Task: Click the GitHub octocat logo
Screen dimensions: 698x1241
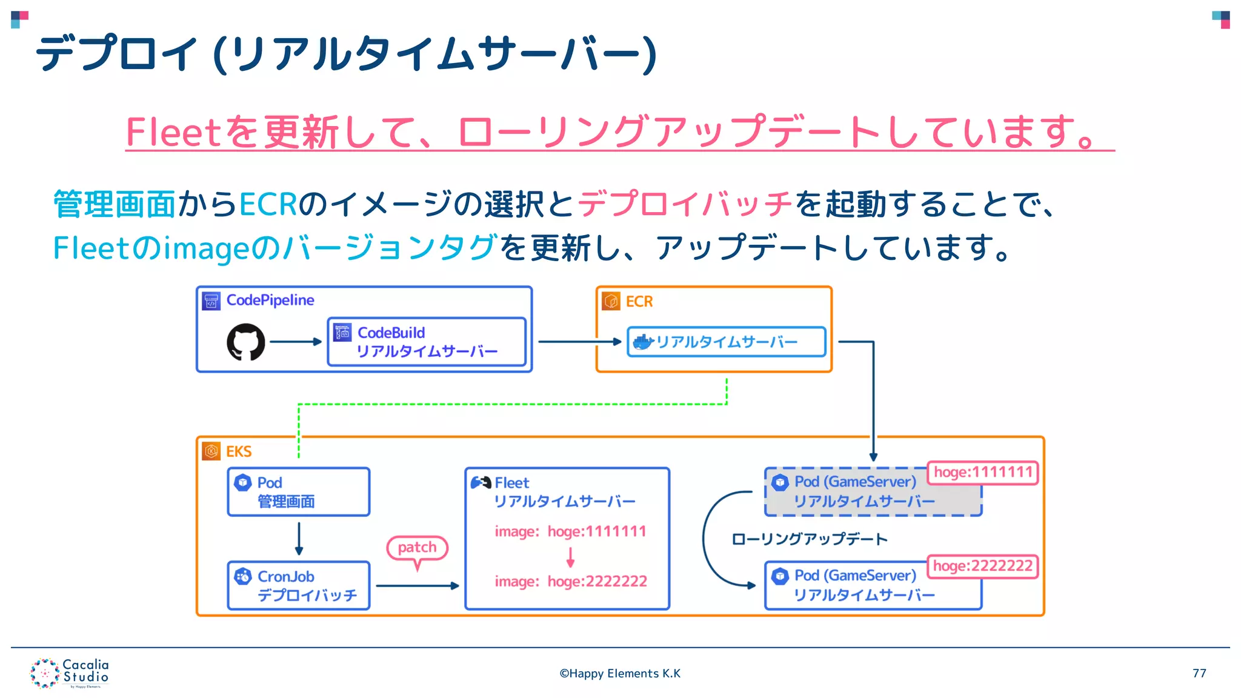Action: click(x=245, y=342)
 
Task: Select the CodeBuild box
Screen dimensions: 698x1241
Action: click(x=427, y=342)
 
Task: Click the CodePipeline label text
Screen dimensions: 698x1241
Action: click(x=270, y=300)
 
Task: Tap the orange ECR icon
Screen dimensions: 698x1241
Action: click(x=611, y=301)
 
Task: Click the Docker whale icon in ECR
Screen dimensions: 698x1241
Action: click(x=642, y=342)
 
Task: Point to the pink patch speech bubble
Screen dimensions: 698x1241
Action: click(x=417, y=548)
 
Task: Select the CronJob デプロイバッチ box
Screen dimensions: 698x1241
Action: click(x=299, y=585)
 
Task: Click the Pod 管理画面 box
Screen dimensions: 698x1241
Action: click(x=299, y=491)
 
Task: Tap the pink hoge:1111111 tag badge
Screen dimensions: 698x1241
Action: click(x=982, y=473)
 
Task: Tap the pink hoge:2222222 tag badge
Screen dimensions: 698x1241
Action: click(x=982, y=567)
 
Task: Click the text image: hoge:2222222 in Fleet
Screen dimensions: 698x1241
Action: click(x=571, y=582)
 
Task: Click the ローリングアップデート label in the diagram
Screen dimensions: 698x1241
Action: click(x=809, y=539)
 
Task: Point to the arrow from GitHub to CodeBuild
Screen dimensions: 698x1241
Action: click(x=295, y=342)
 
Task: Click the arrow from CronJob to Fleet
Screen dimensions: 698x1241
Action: click(x=417, y=586)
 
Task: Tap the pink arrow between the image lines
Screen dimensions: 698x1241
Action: click(x=570, y=556)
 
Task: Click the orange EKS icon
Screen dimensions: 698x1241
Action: click(x=211, y=451)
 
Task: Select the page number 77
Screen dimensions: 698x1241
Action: click(x=1199, y=673)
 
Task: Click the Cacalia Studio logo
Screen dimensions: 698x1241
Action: click(x=69, y=673)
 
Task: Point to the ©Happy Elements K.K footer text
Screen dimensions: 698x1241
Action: click(x=619, y=673)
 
